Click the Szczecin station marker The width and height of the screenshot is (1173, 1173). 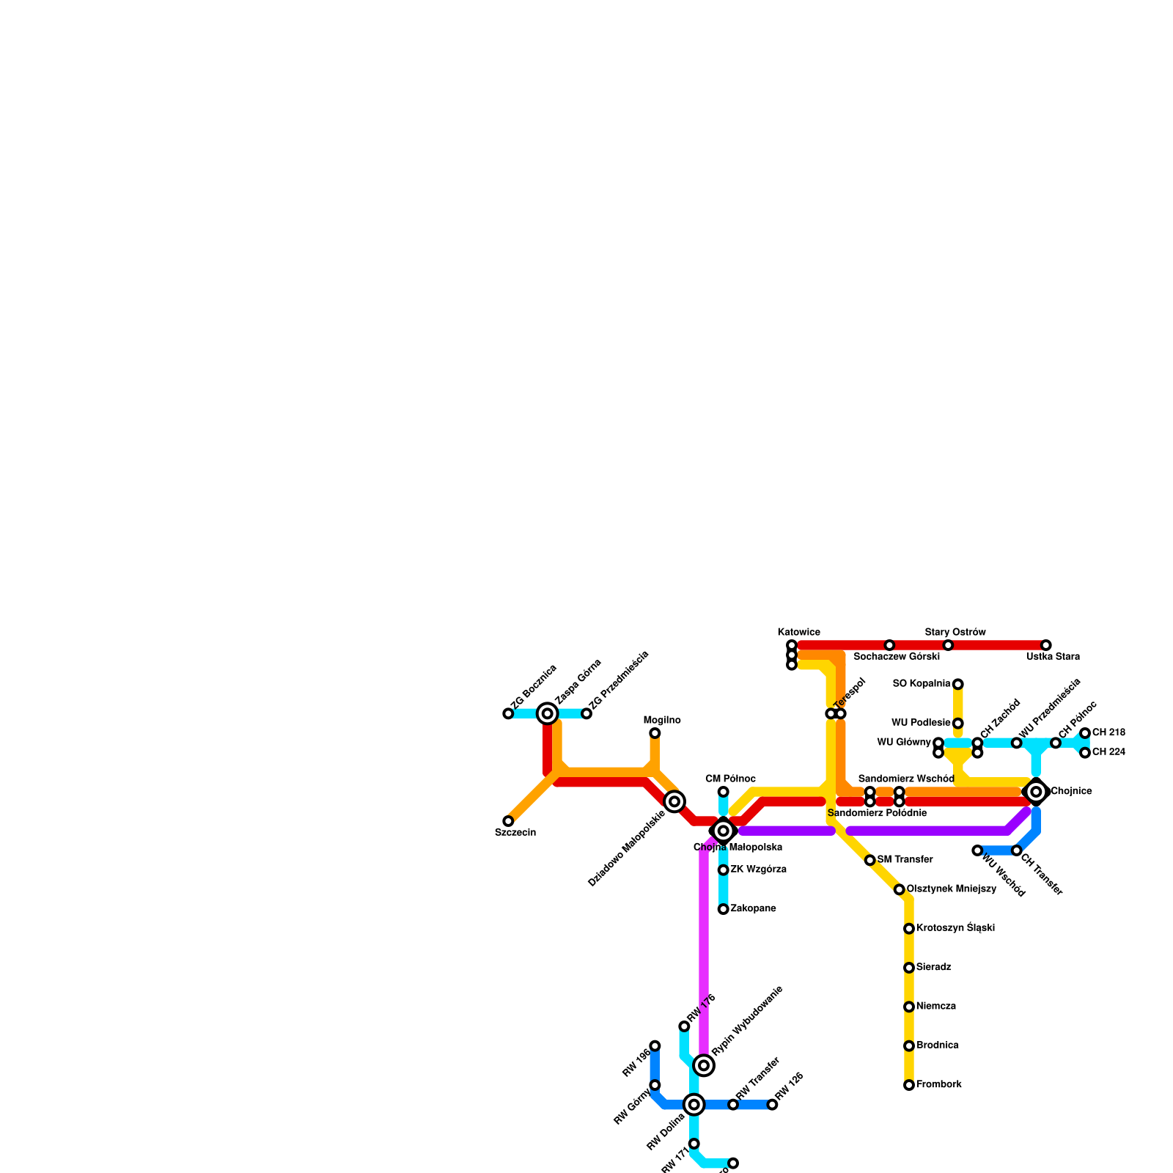[x=508, y=821]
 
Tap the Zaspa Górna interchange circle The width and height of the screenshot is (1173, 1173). [x=547, y=713]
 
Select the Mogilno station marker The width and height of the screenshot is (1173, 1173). [x=655, y=733]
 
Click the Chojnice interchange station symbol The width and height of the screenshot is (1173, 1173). [x=1036, y=792]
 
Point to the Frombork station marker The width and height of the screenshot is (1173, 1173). [x=909, y=1085]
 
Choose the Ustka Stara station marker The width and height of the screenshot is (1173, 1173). [x=1046, y=645]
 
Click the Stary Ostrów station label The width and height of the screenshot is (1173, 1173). [x=955, y=633]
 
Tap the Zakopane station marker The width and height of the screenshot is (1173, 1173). [x=724, y=909]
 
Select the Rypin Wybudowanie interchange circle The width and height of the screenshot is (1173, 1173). [x=704, y=1065]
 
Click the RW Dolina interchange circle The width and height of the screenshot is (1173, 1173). [x=694, y=1104]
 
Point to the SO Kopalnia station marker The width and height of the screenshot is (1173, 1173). [x=958, y=684]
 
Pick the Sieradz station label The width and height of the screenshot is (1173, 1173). [x=934, y=968]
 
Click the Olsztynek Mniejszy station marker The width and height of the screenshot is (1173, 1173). [x=900, y=889]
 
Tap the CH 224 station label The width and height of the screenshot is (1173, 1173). [x=1108, y=752]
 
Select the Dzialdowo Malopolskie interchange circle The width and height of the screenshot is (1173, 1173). [x=674, y=801]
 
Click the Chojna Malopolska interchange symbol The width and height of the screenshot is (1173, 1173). [x=724, y=831]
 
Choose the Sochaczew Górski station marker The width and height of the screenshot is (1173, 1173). [x=889, y=645]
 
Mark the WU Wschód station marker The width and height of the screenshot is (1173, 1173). [x=977, y=850]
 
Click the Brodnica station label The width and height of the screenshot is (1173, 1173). [x=938, y=1045]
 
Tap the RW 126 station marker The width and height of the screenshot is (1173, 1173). [x=772, y=1104]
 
